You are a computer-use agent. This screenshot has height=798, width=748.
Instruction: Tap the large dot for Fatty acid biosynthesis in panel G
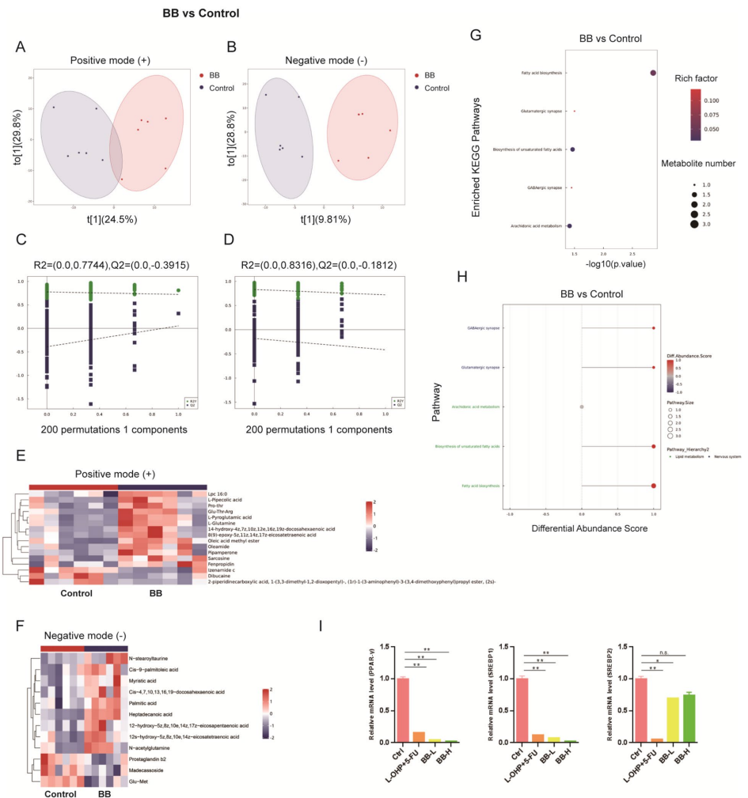pos(653,73)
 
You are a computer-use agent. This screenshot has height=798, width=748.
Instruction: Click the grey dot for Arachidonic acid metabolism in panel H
pos(582,407)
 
